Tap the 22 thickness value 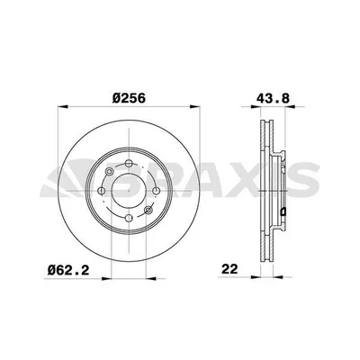231,267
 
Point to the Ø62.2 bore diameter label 70,267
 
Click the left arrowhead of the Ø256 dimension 62,110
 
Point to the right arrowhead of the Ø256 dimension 205,110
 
